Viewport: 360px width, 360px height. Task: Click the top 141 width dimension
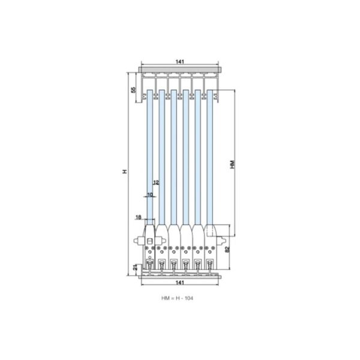[x=180, y=62]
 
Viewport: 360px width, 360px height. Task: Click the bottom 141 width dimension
[x=180, y=282]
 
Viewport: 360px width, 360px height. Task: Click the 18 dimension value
[x=139, y=217]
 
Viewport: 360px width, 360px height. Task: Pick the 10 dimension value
[x=150, y=195]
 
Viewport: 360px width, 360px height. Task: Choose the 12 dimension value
[x=155, y=182]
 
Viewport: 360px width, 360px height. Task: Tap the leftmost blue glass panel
[x=150, y=156]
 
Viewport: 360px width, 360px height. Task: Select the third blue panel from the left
[x=174, y=156]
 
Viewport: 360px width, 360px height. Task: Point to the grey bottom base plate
[x=180, y=277]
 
